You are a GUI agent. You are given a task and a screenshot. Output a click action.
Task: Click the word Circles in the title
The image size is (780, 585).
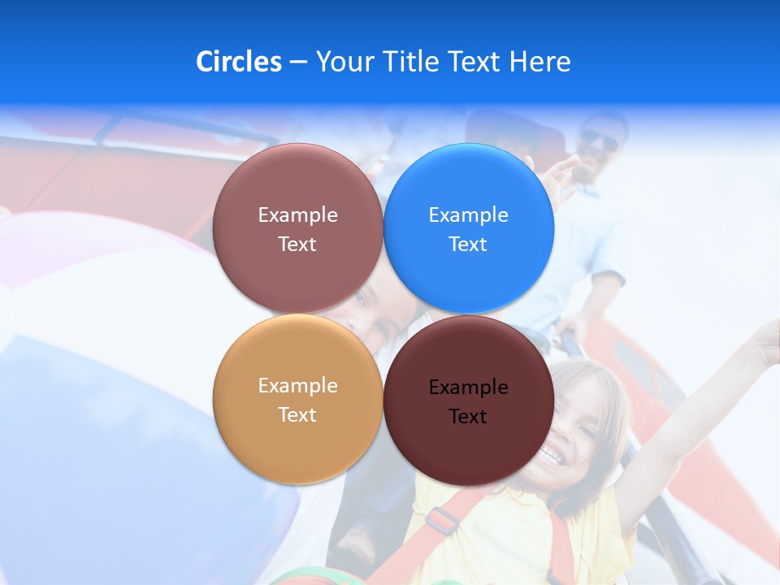(238, 62)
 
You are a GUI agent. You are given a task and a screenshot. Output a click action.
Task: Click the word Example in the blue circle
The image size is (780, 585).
(468, 215)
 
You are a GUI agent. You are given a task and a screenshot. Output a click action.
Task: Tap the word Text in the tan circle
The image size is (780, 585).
(297, 414)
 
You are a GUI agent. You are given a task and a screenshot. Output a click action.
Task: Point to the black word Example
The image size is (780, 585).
(468, 388)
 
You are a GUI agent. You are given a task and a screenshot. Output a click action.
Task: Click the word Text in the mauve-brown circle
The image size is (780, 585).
(297, 244)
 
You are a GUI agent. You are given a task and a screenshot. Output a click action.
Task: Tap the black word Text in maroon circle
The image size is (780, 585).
(468, 417)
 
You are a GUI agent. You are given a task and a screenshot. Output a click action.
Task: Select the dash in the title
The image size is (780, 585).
(298, 63)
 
